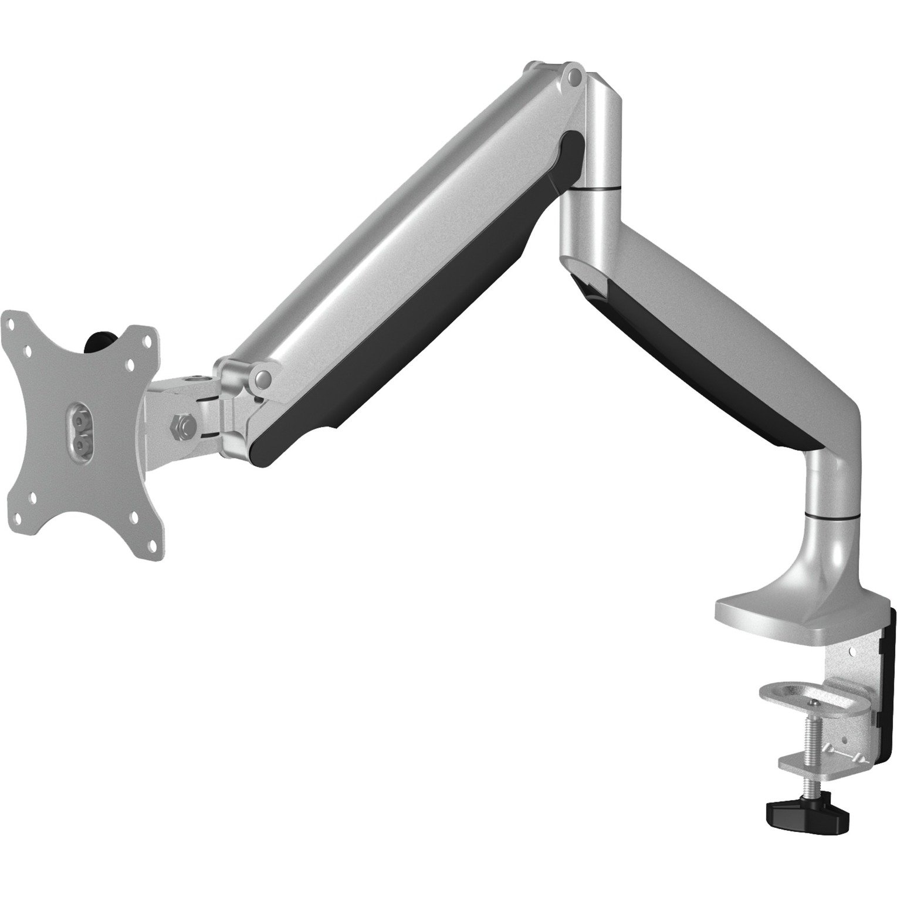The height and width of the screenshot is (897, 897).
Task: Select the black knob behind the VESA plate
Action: click(x=99, y=341)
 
